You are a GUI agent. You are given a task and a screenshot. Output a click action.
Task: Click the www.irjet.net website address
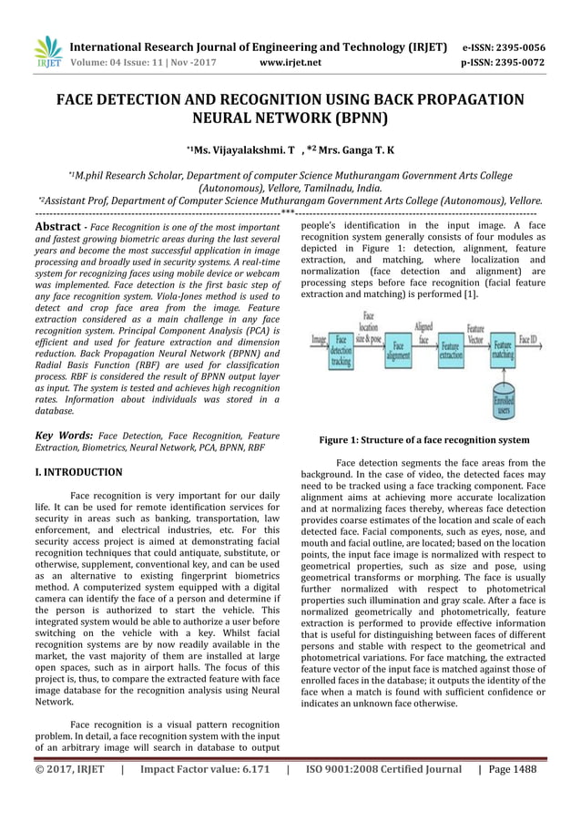tap(290, 64)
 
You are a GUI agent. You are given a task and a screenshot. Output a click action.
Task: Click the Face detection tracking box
tap(341, 352)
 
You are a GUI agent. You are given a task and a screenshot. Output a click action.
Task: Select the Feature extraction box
tap(450, 352)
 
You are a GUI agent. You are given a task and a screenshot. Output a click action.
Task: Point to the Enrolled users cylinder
tap(503, 402)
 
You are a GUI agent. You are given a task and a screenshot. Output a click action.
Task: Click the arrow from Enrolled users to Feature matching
tap(503, 376)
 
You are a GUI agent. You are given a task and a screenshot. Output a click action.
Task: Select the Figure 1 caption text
tap(423, 440)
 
